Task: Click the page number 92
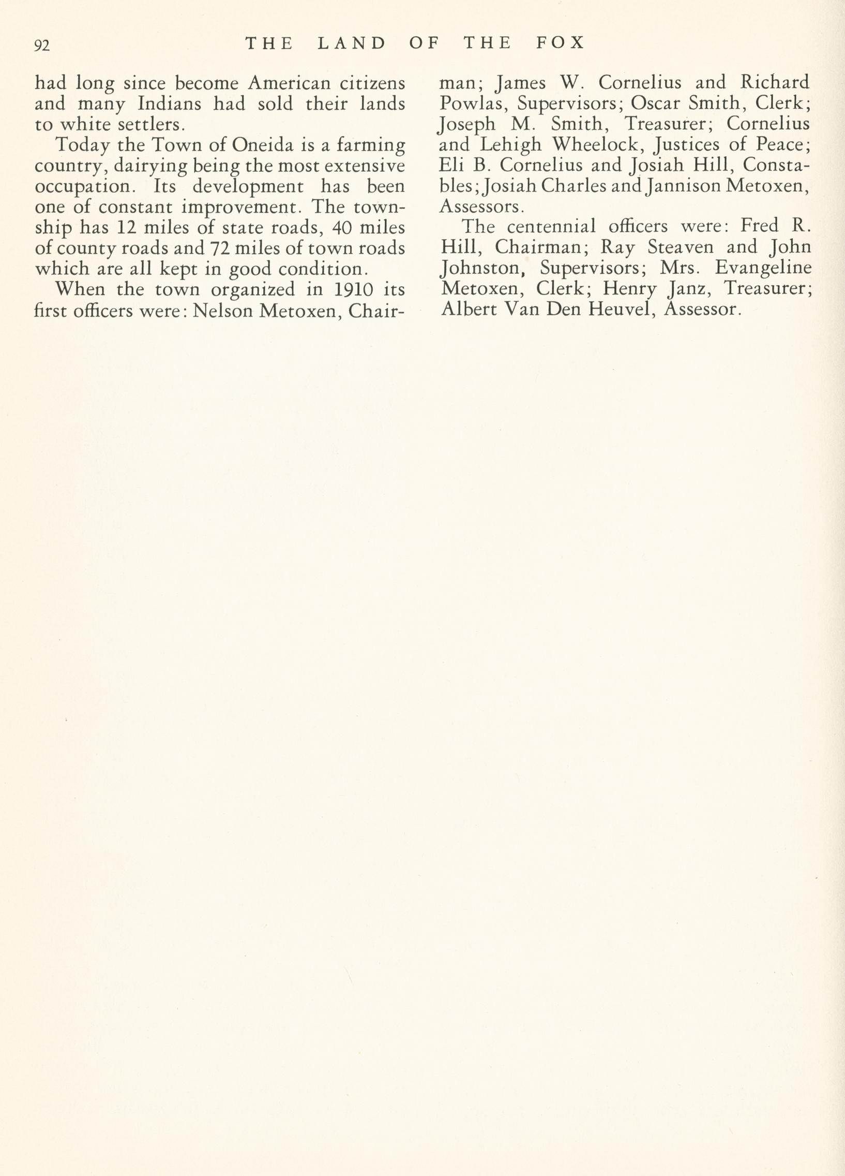[x=41, y=46]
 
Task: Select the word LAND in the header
[x=352, y=42]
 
